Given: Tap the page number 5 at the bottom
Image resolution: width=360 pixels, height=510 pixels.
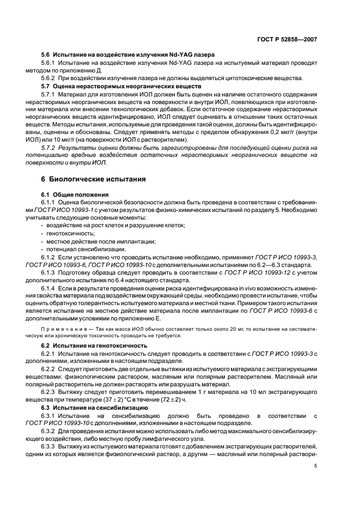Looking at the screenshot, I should coord(316,466).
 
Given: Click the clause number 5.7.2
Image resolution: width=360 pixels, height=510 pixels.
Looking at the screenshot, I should coord(51,148).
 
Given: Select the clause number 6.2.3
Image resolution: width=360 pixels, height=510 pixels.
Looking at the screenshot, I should coord(50,392).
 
